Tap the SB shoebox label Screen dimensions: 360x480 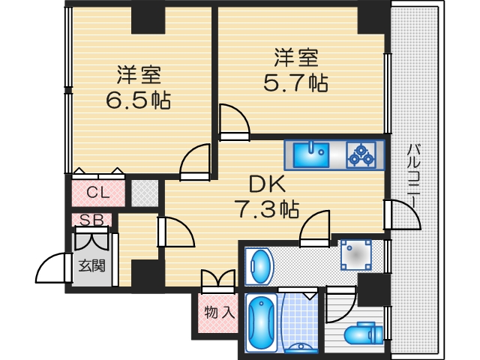[91, 220]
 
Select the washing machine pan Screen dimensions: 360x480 [355, 256]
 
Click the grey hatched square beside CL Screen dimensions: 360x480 [145, 193]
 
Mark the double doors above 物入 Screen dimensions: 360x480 [217, 280]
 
